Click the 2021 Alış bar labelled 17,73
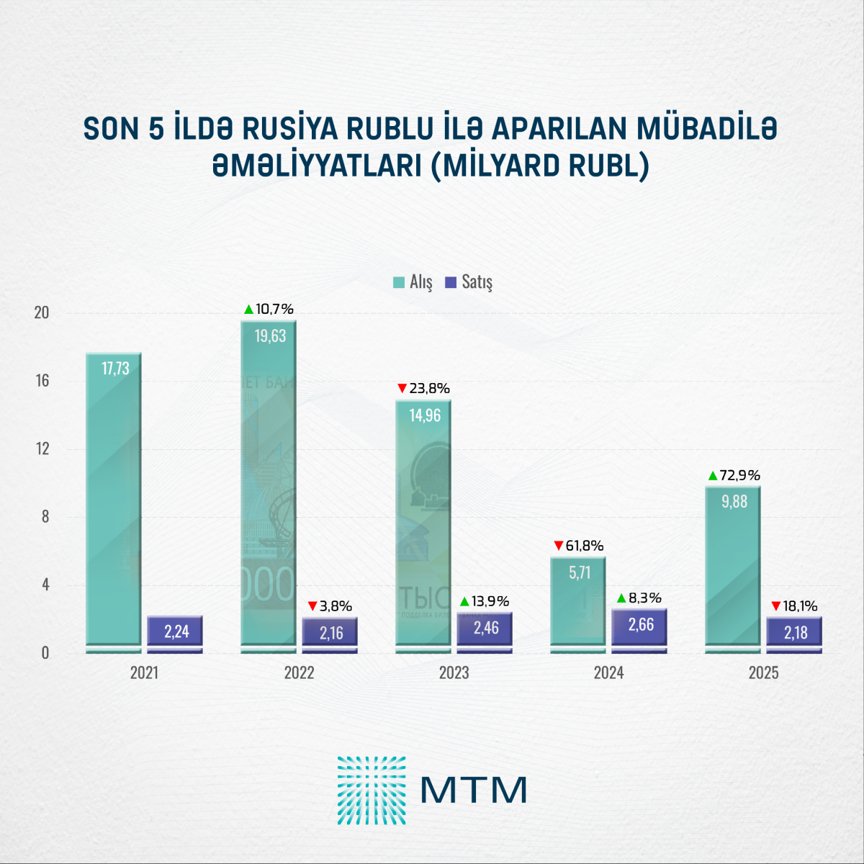click(114, 504)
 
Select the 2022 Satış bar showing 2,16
click(330, 634)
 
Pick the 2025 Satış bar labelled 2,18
click(794, 634)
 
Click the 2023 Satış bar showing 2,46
click(485, 631)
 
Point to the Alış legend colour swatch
click(399, 282)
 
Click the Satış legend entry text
click(477, 282)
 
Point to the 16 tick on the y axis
click(42, 381)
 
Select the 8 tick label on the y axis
click(45, 517)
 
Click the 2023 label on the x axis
click(454, 673)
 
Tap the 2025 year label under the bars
click(763, 673)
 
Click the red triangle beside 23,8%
click(402, 389)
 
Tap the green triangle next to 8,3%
click(621, 598)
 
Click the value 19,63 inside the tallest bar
click(270, 336)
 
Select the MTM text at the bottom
click(474, 790)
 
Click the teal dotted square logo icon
click(372, 790)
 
